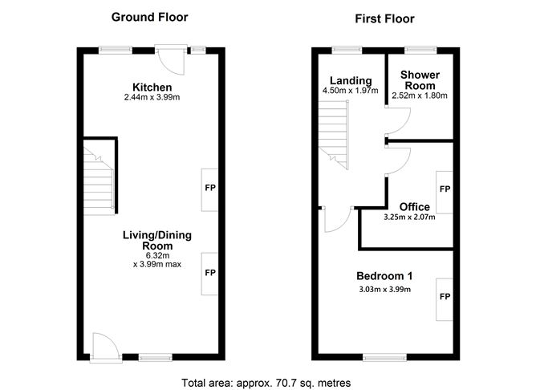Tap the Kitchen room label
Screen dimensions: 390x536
(152, 87)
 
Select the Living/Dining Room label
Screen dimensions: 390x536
(157, 240)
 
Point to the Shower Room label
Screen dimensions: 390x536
(419, 80)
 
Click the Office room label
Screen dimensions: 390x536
(415, 206)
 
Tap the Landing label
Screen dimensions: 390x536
(351, 80)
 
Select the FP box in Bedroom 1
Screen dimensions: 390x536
(445, 296)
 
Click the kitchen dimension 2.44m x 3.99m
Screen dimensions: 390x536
(152, 98)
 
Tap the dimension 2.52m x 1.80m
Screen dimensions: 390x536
(419, 96)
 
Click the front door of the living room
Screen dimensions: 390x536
(104, 347)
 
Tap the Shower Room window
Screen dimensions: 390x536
(418, 50)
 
